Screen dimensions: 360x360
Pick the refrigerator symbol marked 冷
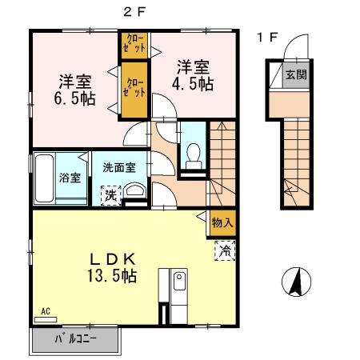tap(225, 250)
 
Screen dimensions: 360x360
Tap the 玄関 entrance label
tap(294, 77)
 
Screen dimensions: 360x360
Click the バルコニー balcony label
tap(75, 340)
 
